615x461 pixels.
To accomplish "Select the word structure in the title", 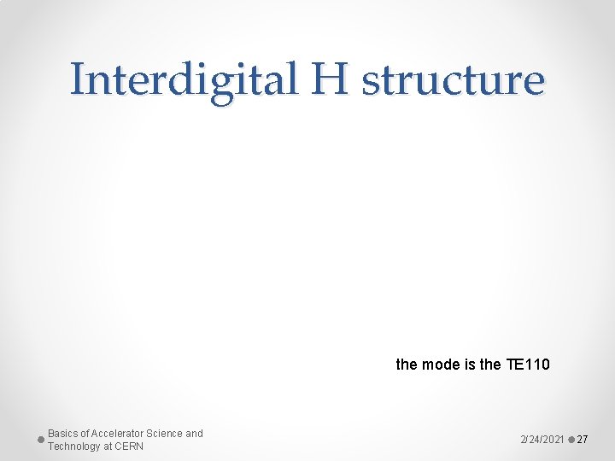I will [x=454, y=81].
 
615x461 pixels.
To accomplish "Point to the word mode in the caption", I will [x=435, y=365].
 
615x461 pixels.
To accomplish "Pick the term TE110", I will [x=528, y=365].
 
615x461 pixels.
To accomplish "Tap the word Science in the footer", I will [x=166, y=434].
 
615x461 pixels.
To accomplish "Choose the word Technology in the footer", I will [x=74, y=446].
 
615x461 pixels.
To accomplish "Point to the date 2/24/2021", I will [x=542, y=439].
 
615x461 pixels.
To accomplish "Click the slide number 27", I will [x=583, y=439].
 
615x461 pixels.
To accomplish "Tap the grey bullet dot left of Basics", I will [x=41, y=439].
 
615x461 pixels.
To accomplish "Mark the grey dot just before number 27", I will [x=571, y=439].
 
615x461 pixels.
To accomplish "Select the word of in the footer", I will [x=86, y=434].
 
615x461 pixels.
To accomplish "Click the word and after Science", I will [x=195, y=434].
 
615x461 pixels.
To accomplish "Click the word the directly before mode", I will [x=406, y=365].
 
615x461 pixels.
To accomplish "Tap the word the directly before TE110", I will [x=490, y=365].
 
